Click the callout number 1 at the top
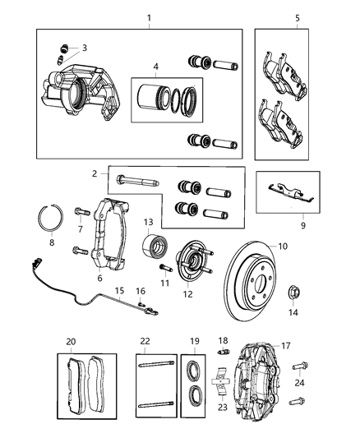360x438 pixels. tap(149, 17)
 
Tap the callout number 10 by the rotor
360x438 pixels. tap(282, 246)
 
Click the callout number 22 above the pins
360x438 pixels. tap(145, 341)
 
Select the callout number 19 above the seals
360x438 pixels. tap(195, 341)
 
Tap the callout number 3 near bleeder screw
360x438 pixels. tap(84, 48)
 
